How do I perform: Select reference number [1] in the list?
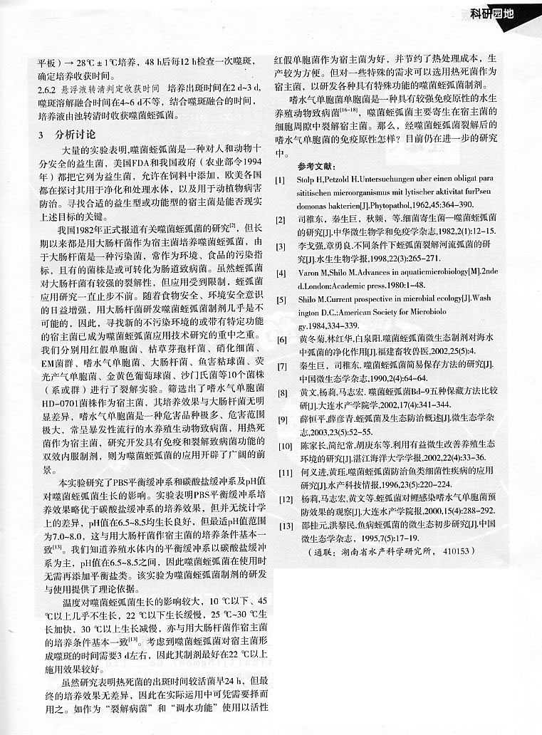tap(281, 182)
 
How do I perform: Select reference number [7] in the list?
tap(281, 365)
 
